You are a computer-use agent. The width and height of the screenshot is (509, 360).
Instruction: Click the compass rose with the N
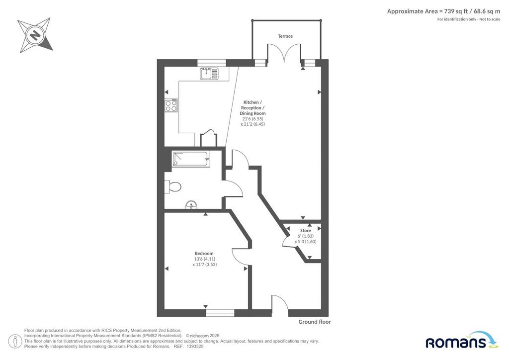(x=35, y=35)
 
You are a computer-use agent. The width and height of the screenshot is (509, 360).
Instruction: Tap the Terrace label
(x=285, y=36)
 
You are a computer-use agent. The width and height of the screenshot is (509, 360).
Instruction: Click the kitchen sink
(x=209, y=74)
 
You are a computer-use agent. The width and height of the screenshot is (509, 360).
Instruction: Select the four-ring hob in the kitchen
(x=171, y=105)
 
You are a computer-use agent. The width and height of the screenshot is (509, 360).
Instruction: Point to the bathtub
(x=191, y=159)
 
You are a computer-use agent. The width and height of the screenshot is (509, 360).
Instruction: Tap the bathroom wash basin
(x=191, y=205)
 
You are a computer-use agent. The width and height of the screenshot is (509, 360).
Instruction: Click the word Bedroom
(x=204, y=254)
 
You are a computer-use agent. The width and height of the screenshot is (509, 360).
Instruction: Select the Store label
(x=305, y=231)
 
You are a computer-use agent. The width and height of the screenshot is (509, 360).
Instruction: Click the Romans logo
(x=460, y=340)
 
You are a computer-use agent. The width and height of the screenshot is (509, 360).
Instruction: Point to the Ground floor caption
(x=315, y=322)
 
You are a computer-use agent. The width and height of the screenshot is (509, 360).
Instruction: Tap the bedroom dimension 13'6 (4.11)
(x=204, y=259)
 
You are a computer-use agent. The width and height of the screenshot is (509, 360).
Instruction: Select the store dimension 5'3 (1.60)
(x=305, y=242)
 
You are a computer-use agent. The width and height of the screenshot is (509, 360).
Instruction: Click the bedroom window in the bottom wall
(x=220, y=313)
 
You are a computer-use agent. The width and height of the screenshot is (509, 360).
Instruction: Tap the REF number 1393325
(x=194, y=347)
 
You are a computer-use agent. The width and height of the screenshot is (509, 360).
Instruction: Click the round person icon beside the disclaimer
(x=15, y=342)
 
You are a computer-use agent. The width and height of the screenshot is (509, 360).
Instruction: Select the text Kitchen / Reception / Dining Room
(x=253, y=108)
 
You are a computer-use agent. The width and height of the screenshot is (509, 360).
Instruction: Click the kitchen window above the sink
(x=212, y=63)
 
